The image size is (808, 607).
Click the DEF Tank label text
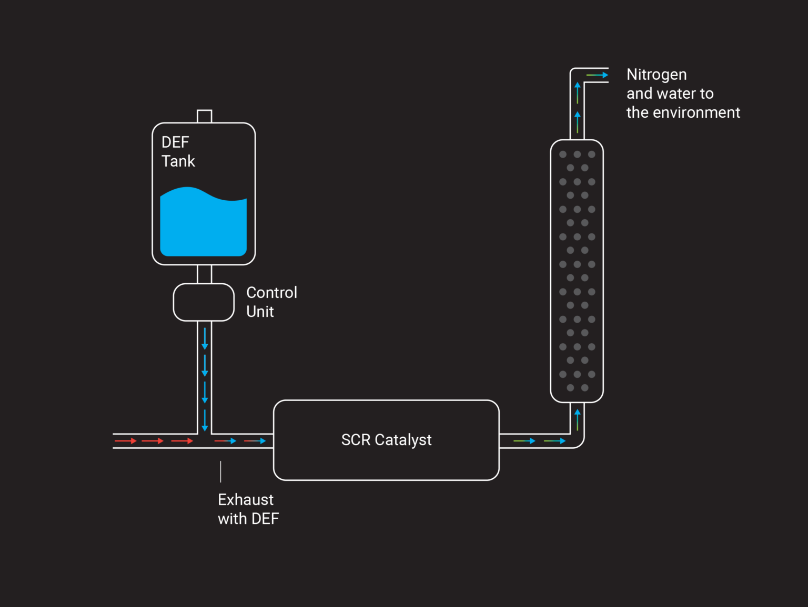pos(178,151)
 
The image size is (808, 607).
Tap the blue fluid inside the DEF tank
pos(204,226)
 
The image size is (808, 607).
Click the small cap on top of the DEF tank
pos(204,116)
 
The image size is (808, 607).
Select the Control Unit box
pos(204,302)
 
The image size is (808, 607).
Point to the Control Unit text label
pos(271,302)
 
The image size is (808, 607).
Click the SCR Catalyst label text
pos(386,440)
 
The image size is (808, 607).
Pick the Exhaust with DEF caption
pos(248,509)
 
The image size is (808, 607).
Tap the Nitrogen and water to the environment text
pos(683,94)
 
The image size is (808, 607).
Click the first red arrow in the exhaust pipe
pos(126,441)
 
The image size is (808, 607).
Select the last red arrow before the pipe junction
pos(183,441)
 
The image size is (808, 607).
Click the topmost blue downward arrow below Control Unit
pos(205,339)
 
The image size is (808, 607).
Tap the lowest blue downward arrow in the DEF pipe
pos(205,420)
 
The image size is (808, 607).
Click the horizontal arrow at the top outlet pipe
pos(597,75)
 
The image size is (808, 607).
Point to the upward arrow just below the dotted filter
pos(577,419)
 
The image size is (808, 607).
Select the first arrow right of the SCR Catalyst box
pos(524,441)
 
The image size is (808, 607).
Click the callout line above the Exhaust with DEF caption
pos(220,471)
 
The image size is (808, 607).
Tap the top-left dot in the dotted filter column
pos(563,155)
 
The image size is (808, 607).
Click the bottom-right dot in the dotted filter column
pos(584,388)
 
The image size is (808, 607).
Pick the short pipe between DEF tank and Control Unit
pos(204,274)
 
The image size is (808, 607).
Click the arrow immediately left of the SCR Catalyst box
pos(255,441)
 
